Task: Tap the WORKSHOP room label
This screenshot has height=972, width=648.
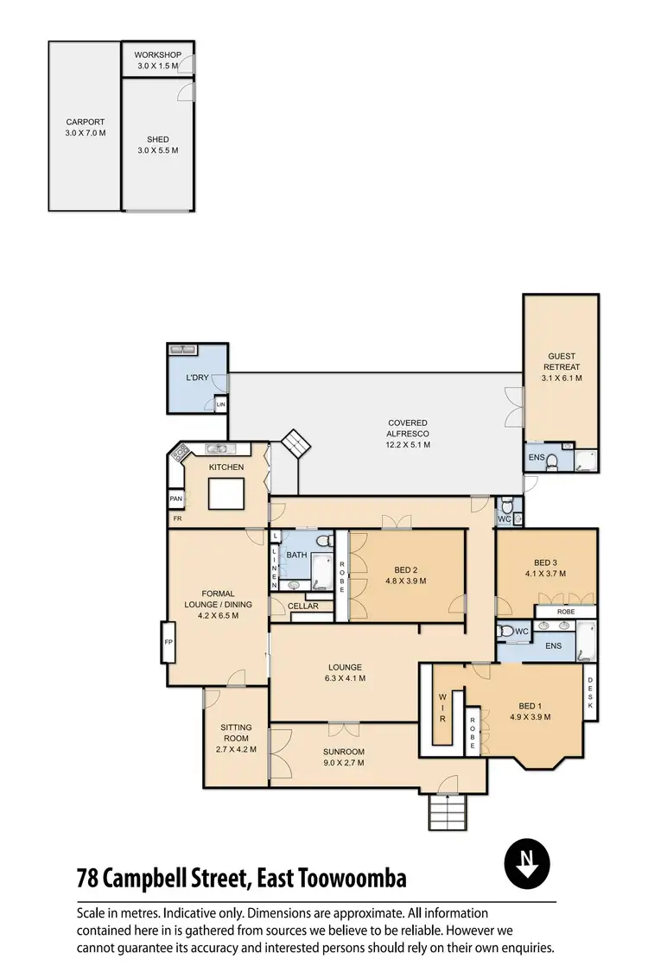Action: [156, 55]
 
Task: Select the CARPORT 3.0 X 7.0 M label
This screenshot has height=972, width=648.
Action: [85, 127]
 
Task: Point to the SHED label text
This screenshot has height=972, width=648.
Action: [158, 139]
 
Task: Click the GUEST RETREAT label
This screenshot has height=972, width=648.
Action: [561, 361]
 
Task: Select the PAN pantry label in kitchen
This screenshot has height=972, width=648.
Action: [176, 499]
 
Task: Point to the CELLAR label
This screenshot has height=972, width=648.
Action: [303, 606]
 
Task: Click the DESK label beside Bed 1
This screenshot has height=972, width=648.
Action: [590, 693]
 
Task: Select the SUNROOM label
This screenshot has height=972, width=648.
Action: [344, 752]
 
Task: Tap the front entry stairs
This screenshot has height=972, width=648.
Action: [448, 811]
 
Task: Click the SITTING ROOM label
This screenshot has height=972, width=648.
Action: [236, 733]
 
